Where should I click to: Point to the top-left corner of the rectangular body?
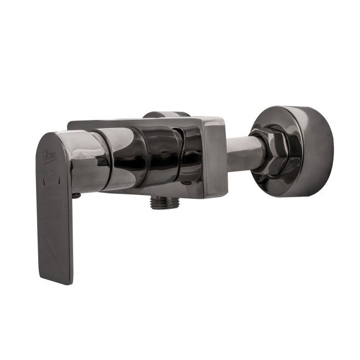click(69, 123)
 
